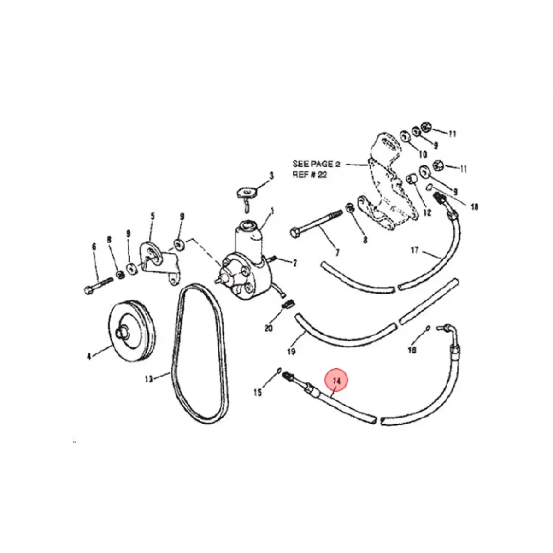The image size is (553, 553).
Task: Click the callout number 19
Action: point(291,352)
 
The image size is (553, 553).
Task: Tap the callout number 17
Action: point(414,250)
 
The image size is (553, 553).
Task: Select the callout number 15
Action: point(258,392)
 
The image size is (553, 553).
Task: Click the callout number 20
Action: point(269,328)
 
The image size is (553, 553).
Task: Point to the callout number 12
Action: point(427,212)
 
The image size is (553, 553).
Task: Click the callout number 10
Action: point(423,154)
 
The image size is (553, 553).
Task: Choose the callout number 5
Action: point(153,216)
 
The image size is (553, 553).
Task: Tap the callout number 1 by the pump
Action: point(272,212)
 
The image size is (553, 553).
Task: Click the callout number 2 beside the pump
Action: point(295,263)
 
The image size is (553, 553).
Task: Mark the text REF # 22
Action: point(310,175)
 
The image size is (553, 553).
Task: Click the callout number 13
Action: point(148,379)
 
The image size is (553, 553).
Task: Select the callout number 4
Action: point(89,355)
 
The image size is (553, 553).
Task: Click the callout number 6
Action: point(94,247)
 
